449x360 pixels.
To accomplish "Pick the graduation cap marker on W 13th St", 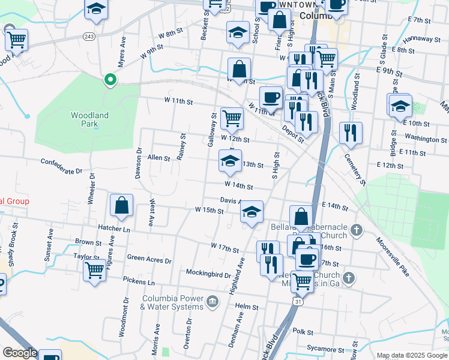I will click(x=229, y=161).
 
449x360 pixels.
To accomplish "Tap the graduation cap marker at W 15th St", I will click(x=252, y=211).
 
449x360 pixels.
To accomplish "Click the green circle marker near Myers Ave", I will click(x=110, y=79).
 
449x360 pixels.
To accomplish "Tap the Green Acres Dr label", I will click(x=149, y=260).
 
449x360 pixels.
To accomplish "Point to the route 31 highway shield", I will click(x=298, y=302).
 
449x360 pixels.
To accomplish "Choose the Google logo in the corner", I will click(x=19, y=353).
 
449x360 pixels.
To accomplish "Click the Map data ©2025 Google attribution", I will click(x=411, y=355).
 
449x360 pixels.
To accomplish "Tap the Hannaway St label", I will click(x=422, y=39).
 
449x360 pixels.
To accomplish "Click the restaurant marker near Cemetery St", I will click(x=351, y=133).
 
